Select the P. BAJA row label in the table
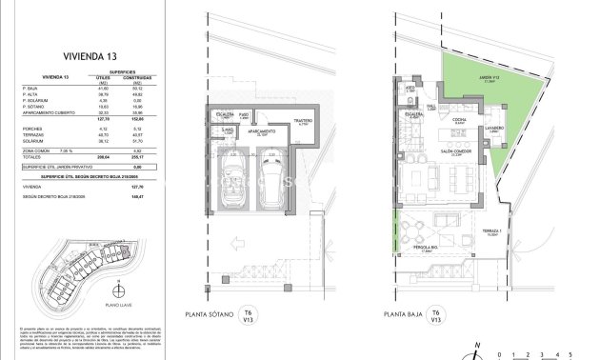pyautogui.click(x=44, y=88)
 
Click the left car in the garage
pyautogui.click(x=230, y=181)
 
